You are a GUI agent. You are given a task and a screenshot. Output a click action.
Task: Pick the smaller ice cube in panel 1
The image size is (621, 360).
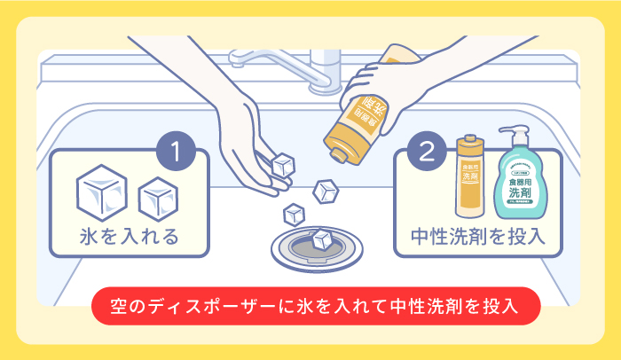157,196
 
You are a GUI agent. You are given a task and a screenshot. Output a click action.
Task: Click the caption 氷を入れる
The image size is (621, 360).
129,237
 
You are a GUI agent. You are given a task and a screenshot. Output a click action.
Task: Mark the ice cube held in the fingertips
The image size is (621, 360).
283,166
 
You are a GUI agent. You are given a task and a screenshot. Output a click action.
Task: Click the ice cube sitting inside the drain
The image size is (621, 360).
321,238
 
